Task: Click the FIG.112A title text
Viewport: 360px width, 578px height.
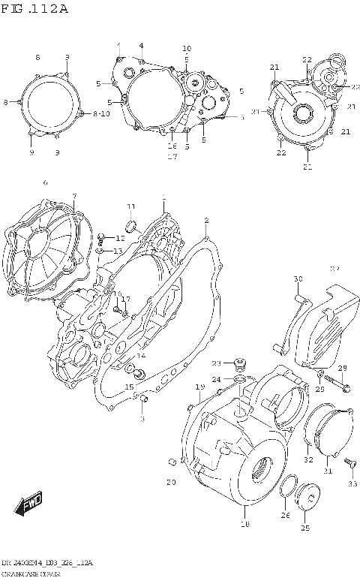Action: point(35,9)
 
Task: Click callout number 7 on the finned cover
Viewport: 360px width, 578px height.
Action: point(74,197)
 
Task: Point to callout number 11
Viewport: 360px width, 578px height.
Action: point(130,206)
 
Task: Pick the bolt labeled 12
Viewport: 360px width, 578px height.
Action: point(100,239)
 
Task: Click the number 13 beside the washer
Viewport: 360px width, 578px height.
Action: point(118,251)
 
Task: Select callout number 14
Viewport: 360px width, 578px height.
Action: point(141,356)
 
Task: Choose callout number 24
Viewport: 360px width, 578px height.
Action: point(217,380)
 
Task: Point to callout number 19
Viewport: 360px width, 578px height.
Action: point(200,387)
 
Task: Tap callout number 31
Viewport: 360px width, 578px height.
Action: point(327,471)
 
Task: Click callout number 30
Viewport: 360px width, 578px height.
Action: point(298,279)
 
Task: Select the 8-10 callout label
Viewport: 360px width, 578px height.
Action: point(100,114)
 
